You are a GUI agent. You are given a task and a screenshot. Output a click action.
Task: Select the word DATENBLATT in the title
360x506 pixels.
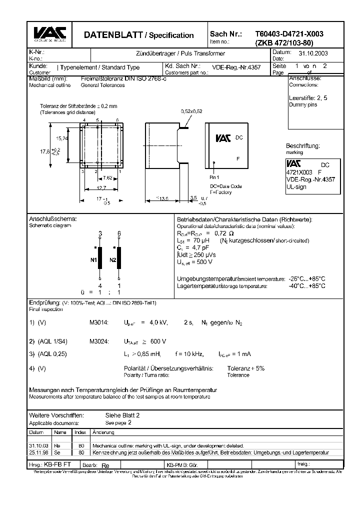[113, 35]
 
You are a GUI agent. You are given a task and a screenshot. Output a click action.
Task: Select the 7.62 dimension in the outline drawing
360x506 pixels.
[107, 178]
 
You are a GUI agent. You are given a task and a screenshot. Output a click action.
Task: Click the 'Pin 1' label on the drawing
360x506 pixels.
[214, 177]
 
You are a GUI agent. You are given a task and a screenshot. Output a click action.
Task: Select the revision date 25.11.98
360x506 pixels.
[38, 452]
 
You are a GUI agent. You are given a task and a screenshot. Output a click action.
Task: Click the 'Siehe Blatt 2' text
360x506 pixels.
[122, 415]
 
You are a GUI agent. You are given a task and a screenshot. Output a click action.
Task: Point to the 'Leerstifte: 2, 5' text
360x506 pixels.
[308, 98]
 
